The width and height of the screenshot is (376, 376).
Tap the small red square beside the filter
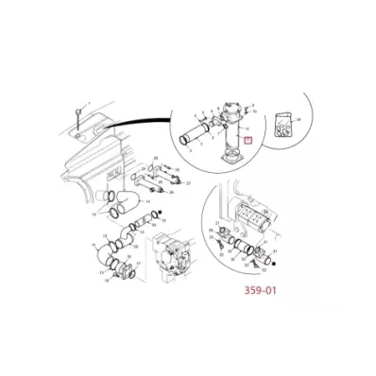click(248, 142)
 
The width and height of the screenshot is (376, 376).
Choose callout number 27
click(190, 182)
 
